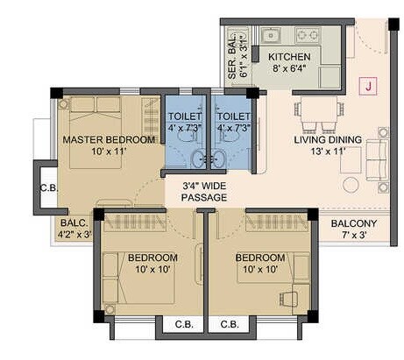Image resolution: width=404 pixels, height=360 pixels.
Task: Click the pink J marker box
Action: (369, 87)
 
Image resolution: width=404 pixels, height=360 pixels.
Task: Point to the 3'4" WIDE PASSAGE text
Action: (204, 192)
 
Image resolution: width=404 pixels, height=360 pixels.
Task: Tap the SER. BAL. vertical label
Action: (232, 56)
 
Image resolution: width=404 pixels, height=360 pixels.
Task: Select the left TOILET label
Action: (185, 116)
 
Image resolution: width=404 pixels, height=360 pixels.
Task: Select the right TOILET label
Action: (233, 116)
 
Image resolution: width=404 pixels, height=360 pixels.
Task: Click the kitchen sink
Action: (272, 36)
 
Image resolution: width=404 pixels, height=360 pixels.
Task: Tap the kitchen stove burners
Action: (308, 36)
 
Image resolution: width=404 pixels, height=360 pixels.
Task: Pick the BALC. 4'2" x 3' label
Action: (74, 229)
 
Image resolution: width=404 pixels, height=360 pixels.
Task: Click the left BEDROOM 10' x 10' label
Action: (152, 263)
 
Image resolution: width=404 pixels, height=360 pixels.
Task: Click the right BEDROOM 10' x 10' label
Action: (259, 263)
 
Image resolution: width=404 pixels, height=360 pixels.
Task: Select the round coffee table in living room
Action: (351, 185)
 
